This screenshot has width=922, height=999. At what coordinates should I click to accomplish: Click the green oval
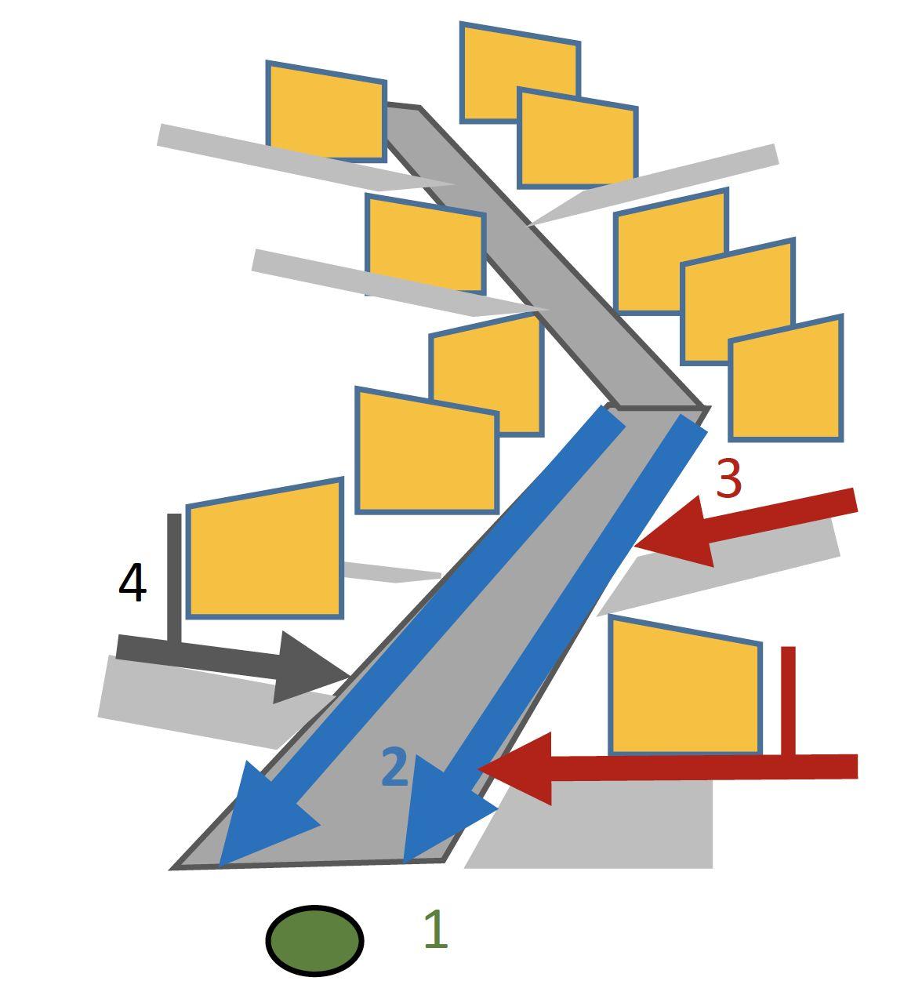click(x=314, y=940)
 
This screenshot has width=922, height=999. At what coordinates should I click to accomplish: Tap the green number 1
click(x=435, y=930)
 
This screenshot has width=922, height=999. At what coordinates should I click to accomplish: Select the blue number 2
click(x=395, y=768)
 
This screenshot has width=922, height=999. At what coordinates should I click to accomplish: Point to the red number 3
click(x=728, y=479)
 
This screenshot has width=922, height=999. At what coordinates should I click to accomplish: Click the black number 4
click(x=132, y=583)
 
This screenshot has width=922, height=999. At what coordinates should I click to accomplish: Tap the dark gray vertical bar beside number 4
click(x=174, y=576)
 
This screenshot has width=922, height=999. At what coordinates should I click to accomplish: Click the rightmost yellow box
click(x=786, y=380)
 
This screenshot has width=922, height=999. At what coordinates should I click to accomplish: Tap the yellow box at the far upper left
click(x=326, y=111)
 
